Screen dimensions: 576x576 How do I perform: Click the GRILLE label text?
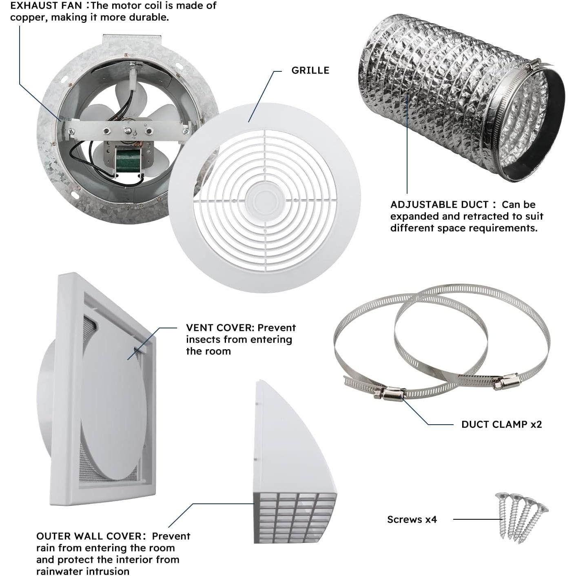click(x=310, y=70)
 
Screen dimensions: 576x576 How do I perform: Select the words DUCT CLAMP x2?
click(x=501, y=424)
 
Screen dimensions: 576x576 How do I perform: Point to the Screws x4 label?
click(x=412, y=519)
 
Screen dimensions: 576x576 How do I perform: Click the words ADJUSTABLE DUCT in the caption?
click(x=439, y=204)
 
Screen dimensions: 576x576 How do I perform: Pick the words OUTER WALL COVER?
click(x=89, y=536)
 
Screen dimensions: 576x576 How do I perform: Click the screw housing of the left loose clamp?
click(x=392, y=393)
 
